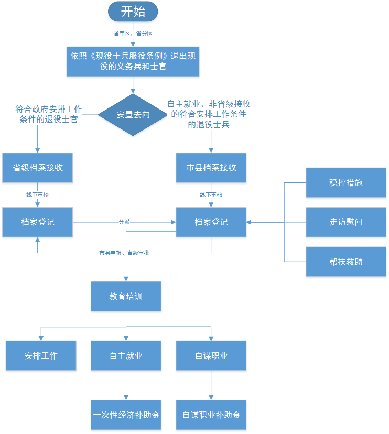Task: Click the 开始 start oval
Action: pyautogui.click(x=133, y=11)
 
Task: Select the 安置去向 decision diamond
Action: pyautogui.click(x=133, y=115)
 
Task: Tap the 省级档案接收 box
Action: pyautogui.click(x=38, y=168)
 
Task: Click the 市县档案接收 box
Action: pyautogui.click(x=211, y=168)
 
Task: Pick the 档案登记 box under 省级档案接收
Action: pyautogui.click(x=38, y=222)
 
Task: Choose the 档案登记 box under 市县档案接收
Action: pyautogui.click(x=211, y=222)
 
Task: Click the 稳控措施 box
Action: pyautogui.click(x=346, y=183)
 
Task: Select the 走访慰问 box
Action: pyautogui.click(x=346, y=222)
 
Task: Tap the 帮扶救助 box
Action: pyautogui.click(x=346, y=261)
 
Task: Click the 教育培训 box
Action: pyautogui.click(x=126, y=296)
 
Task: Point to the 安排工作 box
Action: pyautogui.click(x=41, y=355)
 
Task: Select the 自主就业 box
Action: pyautogui.click(x=126, y=355)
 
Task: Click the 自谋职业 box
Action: pyautogui.click(x=211, y=355)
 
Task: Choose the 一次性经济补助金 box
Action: pyautogui.click(x=126, y=415)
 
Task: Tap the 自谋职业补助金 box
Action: pyautogui.click(x=211, y=415)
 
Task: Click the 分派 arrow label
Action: pyautogui.click(x=124, y=222)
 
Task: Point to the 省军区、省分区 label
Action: pyautogui.click(x=133, y=34)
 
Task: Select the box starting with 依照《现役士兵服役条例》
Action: pyautogui.click(x=133, y=61)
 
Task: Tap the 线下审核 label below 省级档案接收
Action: pyautogui.click(x=38, y=194)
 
